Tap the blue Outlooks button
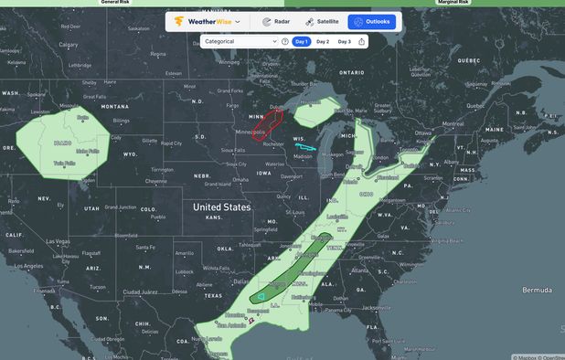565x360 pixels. pyautogui.click(x=371, y=21)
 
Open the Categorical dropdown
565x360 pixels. pyautogui.click(x=240, y=41)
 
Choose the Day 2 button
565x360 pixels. pyautogui.click(x=323, y=41)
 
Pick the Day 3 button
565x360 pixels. pyautogui.click(x=344, y=41)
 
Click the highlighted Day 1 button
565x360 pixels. pyautogui.click(x=301, y=41)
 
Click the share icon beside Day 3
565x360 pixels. pyautogui.click(x=362, y=41)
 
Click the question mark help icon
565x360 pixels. pyautogui.click(x=285, y=41)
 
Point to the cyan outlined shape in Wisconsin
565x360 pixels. pyautogui.click(x=305, y=145)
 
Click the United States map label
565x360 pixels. pyautogui.click(x=221, y=207)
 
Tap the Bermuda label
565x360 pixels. pyautogui.click(x=536, y=290)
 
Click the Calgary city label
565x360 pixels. pyautogui.click(x=69, y=44)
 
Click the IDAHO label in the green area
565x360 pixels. pyautogui.click(x=63, y=143)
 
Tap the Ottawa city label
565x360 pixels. pyautogui.click(x=423, y=132)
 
